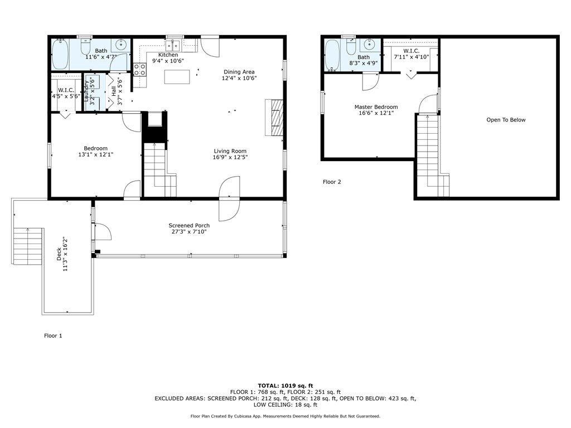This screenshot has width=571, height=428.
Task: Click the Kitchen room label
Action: [168, 55]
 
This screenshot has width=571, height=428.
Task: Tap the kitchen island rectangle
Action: [177, 77]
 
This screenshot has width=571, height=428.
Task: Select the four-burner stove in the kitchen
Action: [139, 70]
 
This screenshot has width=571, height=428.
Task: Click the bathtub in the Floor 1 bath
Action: [60, 55]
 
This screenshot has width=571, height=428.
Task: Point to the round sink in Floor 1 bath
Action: [120, 45]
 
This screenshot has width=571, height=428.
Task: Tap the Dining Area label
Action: [239, 72]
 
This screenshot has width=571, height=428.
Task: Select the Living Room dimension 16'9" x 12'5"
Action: [230, 157]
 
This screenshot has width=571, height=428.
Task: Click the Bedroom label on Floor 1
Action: [95, 148]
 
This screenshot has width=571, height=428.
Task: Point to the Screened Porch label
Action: [189, 225]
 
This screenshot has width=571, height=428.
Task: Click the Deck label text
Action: [59, 254]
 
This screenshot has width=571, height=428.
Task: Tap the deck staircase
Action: [29, 246]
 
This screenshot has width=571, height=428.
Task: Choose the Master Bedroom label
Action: [376, 107]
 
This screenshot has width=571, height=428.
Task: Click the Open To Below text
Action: [506, 120]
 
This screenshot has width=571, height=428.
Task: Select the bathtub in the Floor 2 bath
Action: [332, 55]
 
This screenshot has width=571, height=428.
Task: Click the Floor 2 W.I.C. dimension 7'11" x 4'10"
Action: [412, 57]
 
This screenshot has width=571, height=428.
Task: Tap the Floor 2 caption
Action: [332, 182]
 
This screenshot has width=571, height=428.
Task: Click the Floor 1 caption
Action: [53, 335]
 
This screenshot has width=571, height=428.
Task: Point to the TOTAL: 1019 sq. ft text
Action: [285, 386]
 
